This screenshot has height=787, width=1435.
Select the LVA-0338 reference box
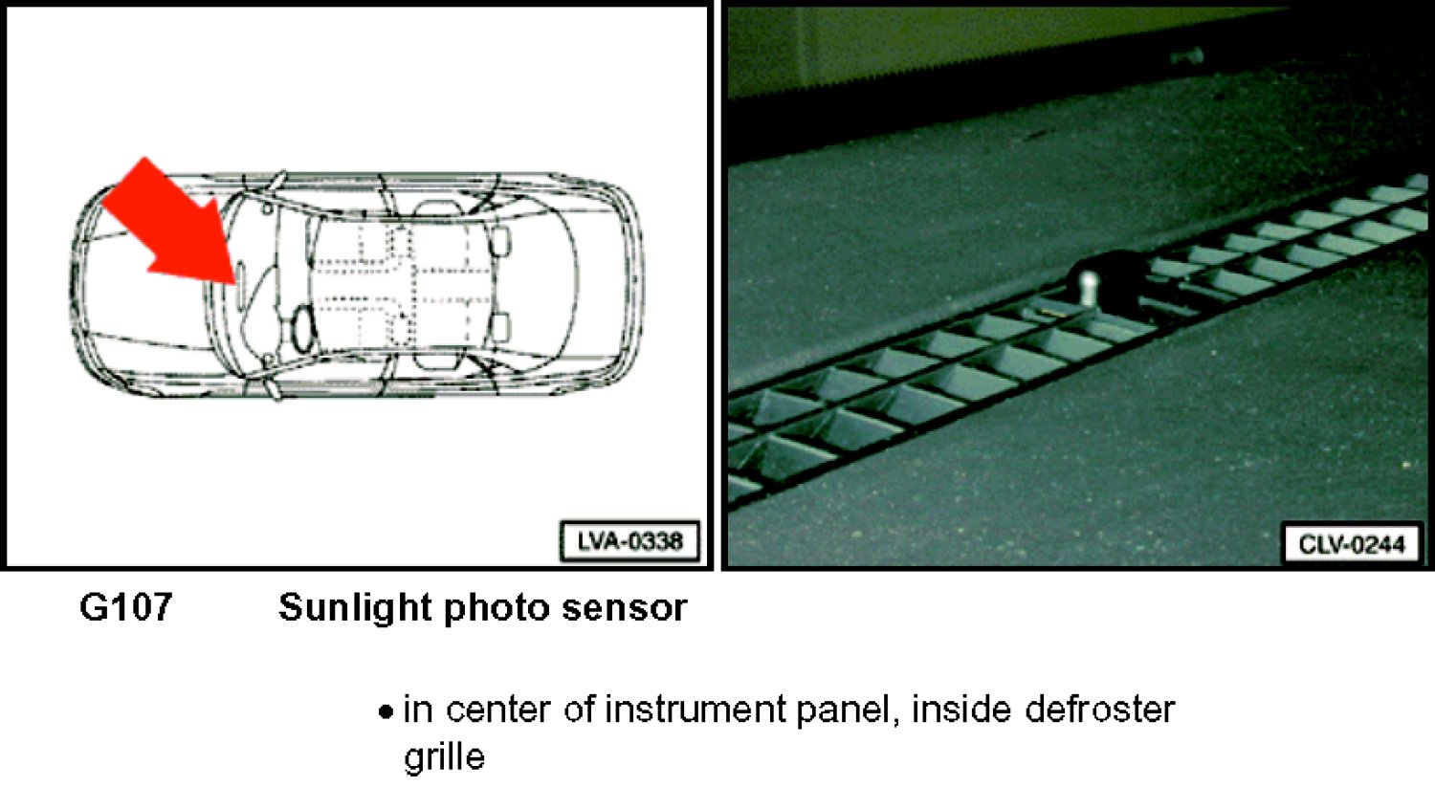pyautogui.click(x=629, y=542)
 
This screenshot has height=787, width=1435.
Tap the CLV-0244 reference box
pyautogui.click(x=1353, y=544)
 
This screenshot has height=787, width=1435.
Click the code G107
pyautogui.click(x=125, y=606)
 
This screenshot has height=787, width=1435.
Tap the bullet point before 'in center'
pyautogui.click(x=385, y=711)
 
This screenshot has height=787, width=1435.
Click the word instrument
pyautogui.click(x=695, y=710)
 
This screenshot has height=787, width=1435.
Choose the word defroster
pyautogui.click(x=1099, y=710)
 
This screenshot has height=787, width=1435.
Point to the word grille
pyautogui.click(x=444, y=757)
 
